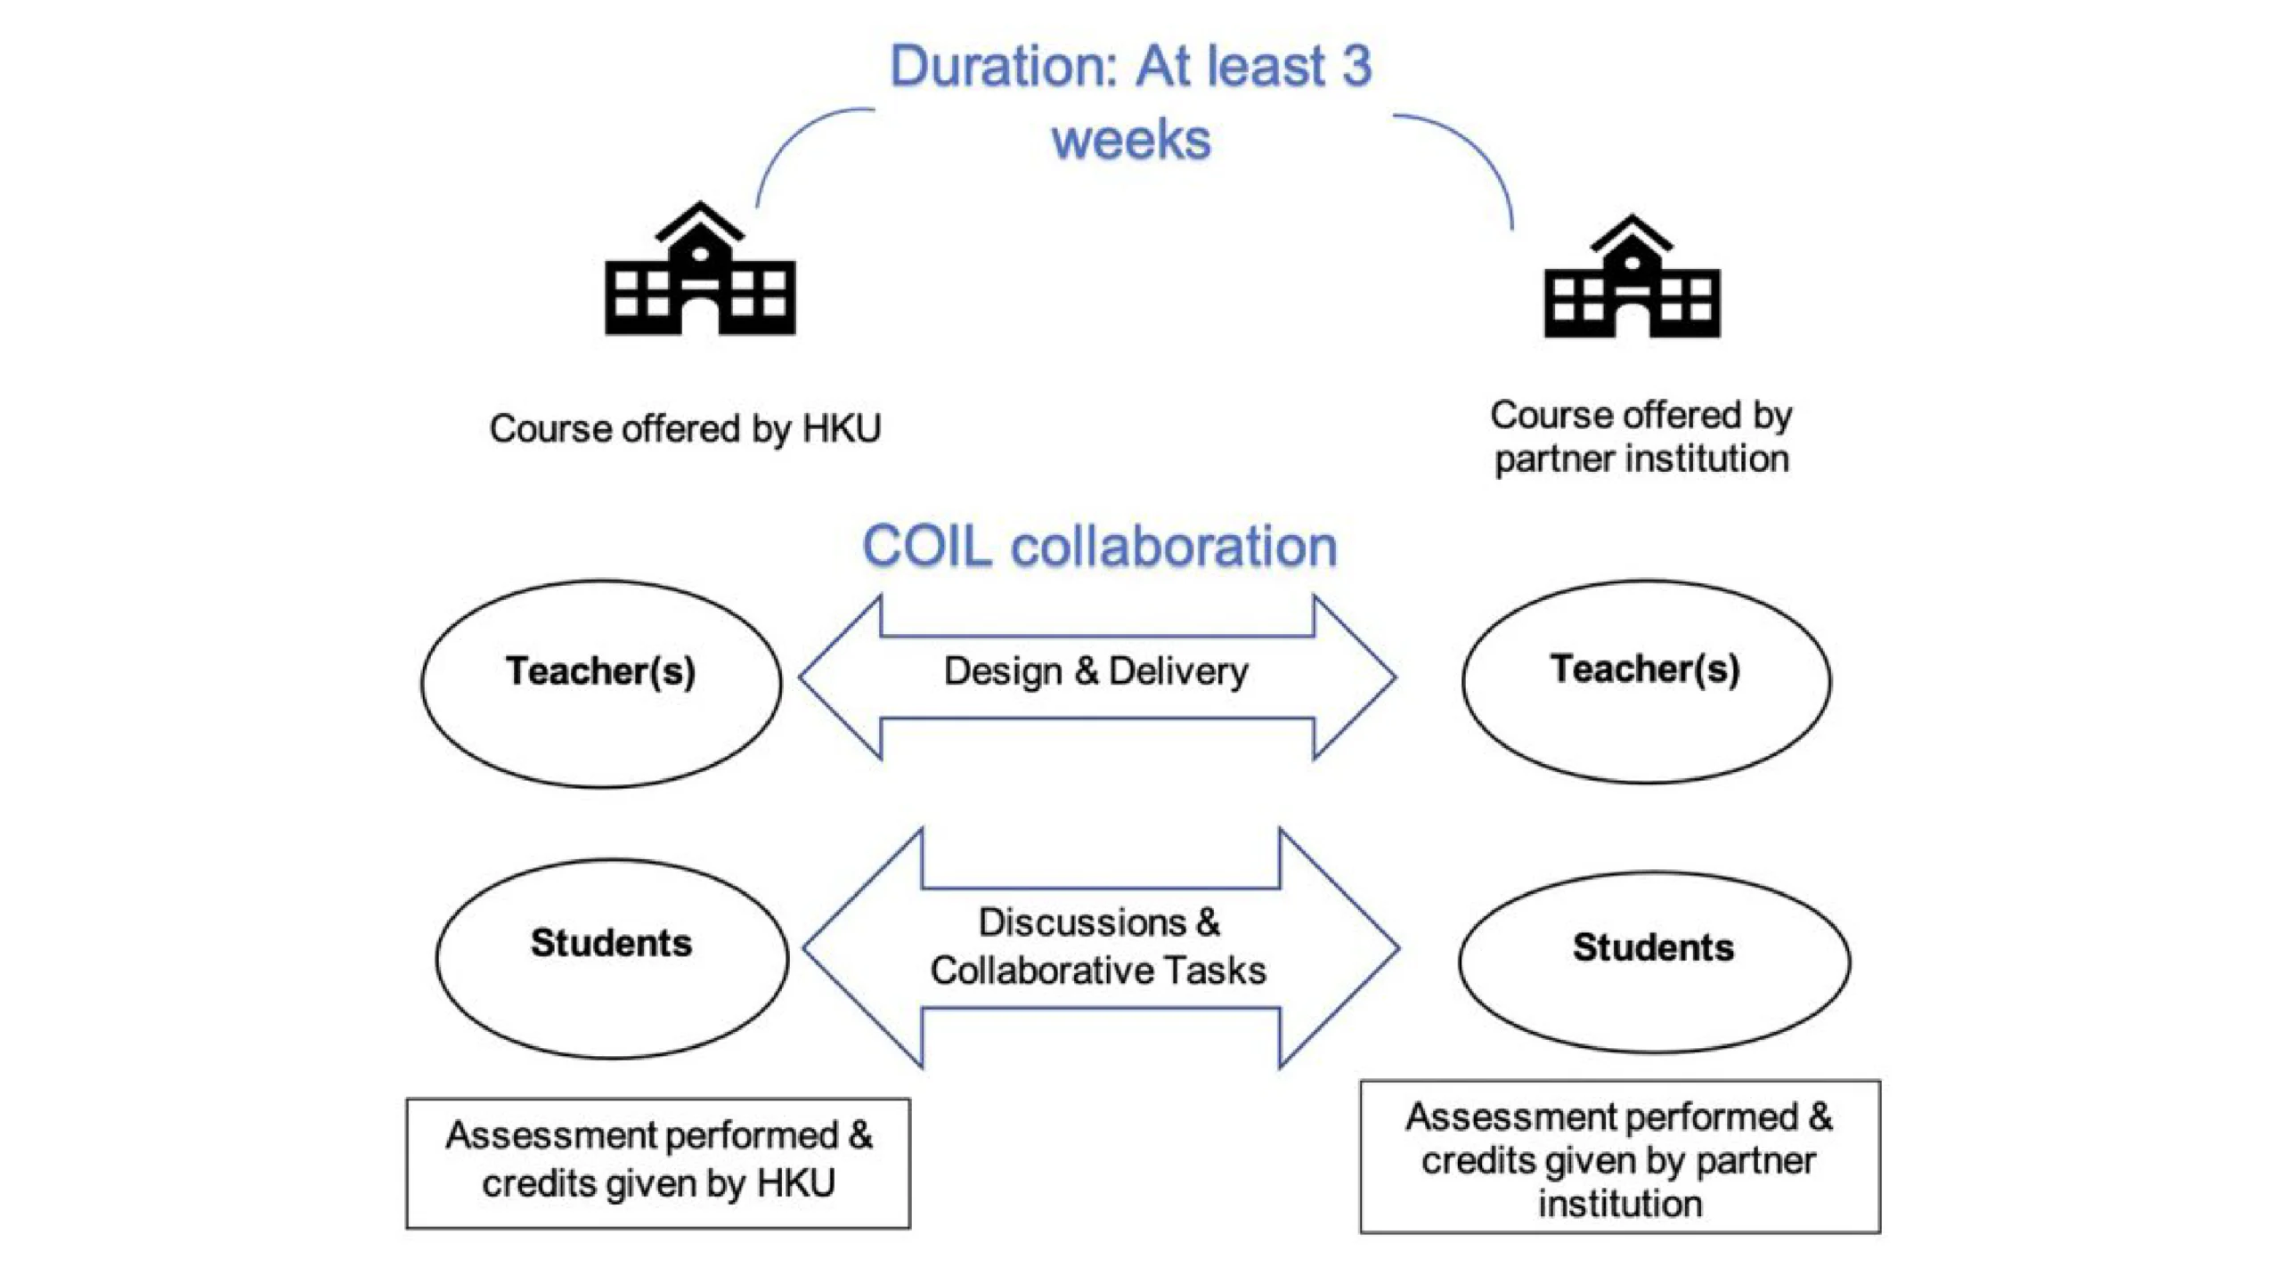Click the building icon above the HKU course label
[x=700, y=268]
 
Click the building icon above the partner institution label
[x=1632, y=276]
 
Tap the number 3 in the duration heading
[x=1356, y=66]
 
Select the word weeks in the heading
[x=1131, y=140]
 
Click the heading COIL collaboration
[x=1100, y=546]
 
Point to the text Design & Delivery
[x=1095, y=671]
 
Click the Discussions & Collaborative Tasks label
[x=1098, y=946]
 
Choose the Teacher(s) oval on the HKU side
[x=601, y=684]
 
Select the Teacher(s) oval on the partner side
[x=1646, y=682]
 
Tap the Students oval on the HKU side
[x=612, y=959]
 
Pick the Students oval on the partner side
[x=1654, y=962]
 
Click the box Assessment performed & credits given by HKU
[x=658, y=1163]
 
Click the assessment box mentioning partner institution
[x=1620, y=1157]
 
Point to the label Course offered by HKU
[x=685, y=428]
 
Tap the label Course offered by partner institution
[x=1641, y=437]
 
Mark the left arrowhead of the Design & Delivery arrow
[x=840, y=678]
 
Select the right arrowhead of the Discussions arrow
[x=1339, y=947]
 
